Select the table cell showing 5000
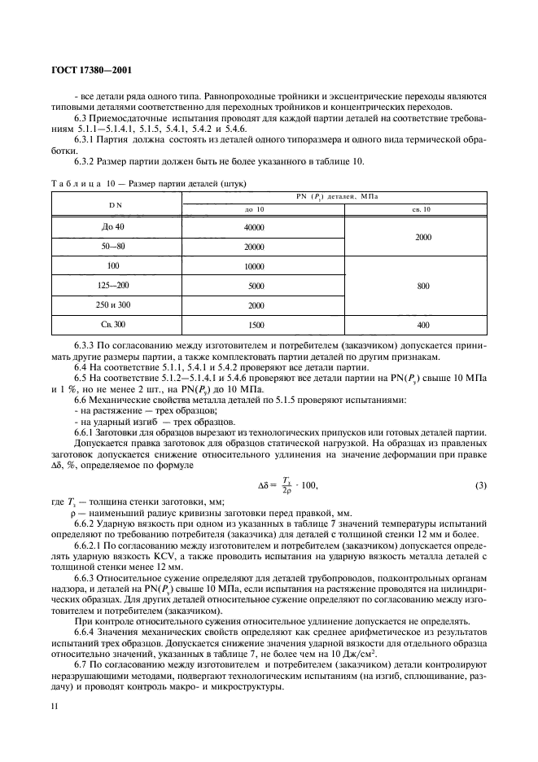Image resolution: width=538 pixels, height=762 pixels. [256, 286]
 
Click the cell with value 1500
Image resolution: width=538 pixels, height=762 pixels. [256, 325]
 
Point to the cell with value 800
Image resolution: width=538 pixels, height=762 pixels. [422, 286]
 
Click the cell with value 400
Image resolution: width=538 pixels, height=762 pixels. [422, 325]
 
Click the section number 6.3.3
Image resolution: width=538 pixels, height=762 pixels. [85, 346]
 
